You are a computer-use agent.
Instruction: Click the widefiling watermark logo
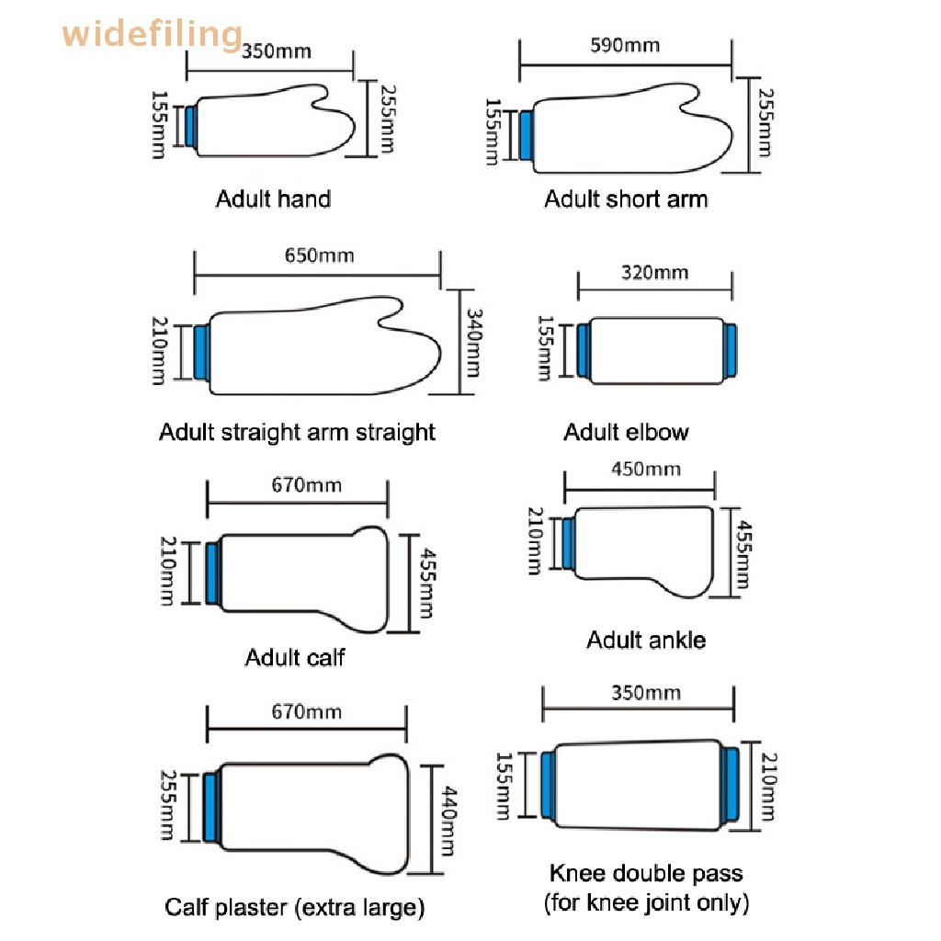[152, 34]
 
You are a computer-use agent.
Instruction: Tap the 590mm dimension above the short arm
[625, 46]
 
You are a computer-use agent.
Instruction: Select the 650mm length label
[319, 255]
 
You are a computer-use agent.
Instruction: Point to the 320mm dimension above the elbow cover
[654, 272]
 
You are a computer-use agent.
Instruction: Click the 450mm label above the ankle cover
[646, 469]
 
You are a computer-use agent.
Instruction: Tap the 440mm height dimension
[448, 821]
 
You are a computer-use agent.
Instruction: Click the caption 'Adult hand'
[273, 198]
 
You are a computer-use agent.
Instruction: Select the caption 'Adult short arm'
[626, 198]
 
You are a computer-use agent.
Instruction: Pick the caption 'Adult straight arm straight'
[297, 432]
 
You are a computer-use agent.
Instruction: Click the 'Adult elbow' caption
[626, 432]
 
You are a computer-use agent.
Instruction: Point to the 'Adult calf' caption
[295, 657]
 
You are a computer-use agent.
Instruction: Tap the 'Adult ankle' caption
[646, 640]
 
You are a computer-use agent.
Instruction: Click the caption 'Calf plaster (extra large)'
[295, 907]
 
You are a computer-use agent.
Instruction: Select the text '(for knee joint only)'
[646, 902]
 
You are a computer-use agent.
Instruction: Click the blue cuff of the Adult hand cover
[191, 126]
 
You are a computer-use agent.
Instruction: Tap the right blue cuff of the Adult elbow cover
[730, 350]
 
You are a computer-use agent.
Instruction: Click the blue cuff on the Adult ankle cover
[568, 544]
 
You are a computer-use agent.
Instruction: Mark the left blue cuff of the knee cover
[548, 785]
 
